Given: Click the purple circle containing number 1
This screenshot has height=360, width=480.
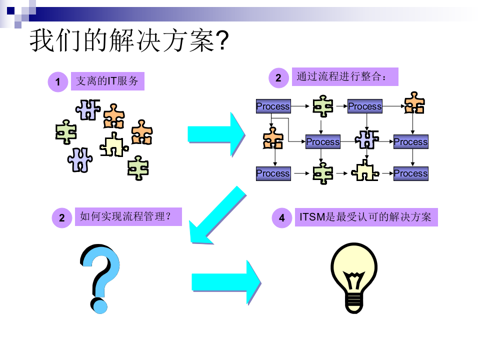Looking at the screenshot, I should click(x=58, y=82).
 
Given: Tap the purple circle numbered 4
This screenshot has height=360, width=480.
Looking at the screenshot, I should click(x=282, y=218).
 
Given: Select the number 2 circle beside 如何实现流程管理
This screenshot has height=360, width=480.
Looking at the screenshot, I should click(x=62, y=218).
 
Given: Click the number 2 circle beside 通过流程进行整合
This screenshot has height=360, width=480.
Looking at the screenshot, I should click(x=278, y=77).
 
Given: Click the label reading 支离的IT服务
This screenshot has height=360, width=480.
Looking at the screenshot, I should click(x=107, y=80).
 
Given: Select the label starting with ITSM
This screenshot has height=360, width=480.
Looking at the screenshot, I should click(x=366, y=217).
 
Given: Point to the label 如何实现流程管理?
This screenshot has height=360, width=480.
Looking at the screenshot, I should click(x=128, y=217).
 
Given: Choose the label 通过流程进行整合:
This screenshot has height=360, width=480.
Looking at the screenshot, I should click(x=345, y=77).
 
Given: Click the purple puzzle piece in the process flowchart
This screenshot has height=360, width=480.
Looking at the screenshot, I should click(x=366, y=139).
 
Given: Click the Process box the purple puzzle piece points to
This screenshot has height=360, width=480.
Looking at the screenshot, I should click(x=410, y=142).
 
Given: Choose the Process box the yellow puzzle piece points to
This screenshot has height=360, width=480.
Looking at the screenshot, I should click(x=410, y=173).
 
